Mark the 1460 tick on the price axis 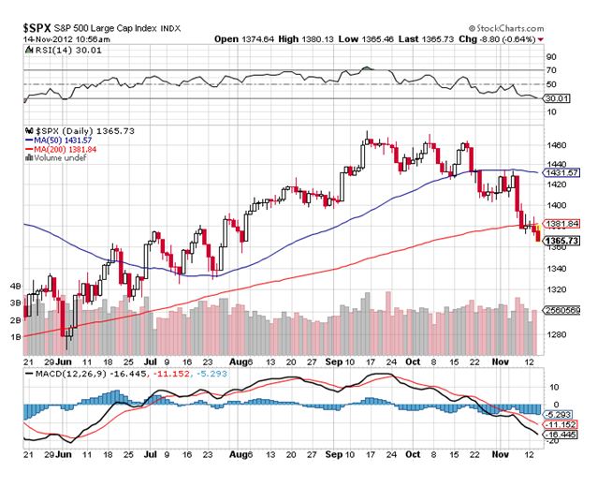(x=560, y=145)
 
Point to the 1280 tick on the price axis (x=560, y=334)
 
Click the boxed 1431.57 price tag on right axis (x=564, y=173)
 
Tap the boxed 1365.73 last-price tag (x=564, y=241)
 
